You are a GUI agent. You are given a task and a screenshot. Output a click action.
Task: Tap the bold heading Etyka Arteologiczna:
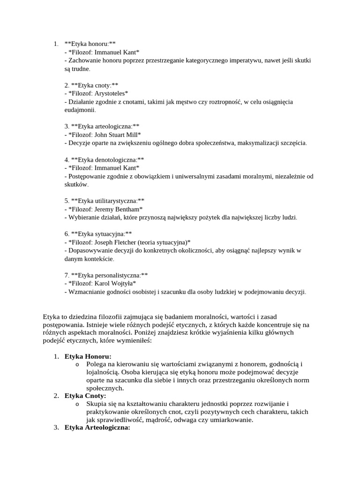[x=97, y=427]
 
